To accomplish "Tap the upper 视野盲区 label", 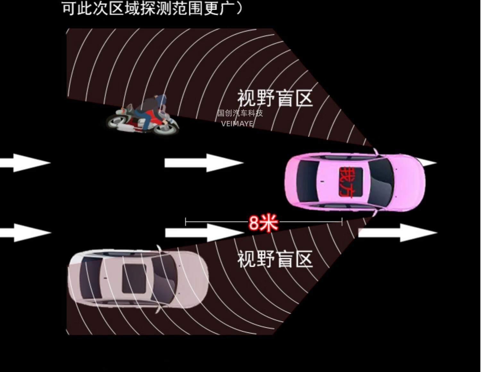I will click(275, 98).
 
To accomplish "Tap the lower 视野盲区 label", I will click(275, 259).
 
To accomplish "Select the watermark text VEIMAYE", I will click(237, 124).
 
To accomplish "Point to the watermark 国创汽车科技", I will click(240, 113).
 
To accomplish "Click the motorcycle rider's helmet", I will click(162, 99).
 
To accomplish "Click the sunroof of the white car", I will click(135, 278).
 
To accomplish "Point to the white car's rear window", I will click(89, 278).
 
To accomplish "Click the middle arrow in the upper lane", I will click(204, 163).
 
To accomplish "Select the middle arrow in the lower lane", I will click(204, 232).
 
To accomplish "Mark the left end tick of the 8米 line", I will click(186, 222).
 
